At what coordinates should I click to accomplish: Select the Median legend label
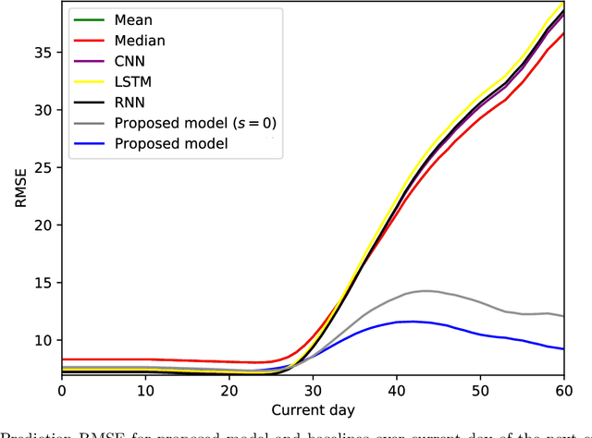(x=140, y=41)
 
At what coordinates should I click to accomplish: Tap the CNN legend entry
(x=132, y=61)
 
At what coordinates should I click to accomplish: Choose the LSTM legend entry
(x=135, y=81)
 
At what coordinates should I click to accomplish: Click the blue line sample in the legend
(x=89, y=143)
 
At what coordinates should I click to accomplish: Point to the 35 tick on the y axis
(x=43, y=52)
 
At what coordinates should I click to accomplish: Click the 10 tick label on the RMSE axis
(x=43, y=340)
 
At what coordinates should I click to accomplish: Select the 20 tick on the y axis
(x=43, y=225)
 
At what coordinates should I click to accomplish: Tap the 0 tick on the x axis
(x=62, y=392)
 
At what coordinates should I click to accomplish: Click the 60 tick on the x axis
(x=562, y=392)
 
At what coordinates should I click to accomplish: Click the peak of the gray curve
(x=424, y=291)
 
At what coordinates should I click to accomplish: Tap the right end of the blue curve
(x=561, y=348)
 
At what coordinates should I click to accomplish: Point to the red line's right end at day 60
(x=561, y=33)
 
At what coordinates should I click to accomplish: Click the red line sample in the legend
(x=89, y=41)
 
